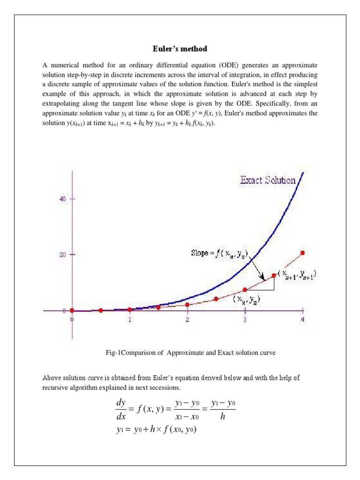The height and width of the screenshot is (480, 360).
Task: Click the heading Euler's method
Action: [180, 49]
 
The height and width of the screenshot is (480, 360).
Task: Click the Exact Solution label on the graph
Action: [268, 180]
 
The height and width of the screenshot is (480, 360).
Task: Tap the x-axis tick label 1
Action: [130, 320]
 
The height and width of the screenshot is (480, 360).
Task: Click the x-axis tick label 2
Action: [187, 320]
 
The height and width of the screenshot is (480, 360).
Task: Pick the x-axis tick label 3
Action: [245, 320]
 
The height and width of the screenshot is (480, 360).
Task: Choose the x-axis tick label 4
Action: [302, 320]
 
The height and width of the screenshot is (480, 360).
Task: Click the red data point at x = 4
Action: [302, 253]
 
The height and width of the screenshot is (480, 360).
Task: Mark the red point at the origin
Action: [72, 310]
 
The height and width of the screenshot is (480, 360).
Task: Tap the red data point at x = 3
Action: [245, 290]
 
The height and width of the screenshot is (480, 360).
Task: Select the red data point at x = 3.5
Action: [274, 276]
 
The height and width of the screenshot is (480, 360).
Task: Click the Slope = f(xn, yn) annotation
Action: [219, 255]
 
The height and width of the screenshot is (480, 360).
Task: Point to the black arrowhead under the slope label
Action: [263, 277]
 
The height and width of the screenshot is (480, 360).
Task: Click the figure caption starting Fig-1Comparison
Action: [191, 352]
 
